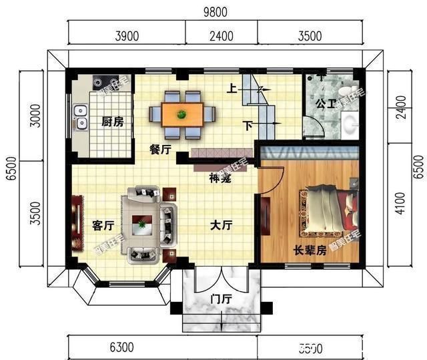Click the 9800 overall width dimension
coord(214,11)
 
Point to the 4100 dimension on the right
coord(399,203)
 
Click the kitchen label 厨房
coord(113,122)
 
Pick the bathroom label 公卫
coord(326,104)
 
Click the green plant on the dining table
coord(181,114)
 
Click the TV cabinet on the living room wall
coord(77,222)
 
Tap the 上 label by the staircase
coord(231,88)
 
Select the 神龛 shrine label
coord(220,178)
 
